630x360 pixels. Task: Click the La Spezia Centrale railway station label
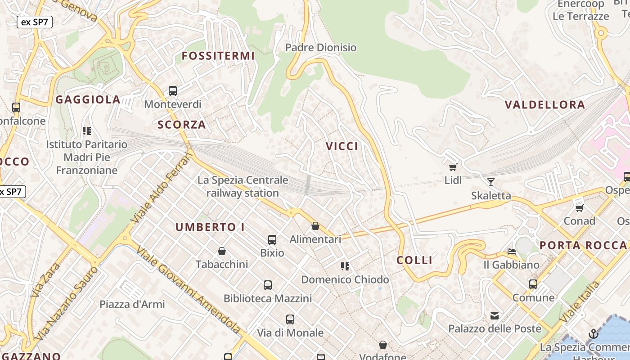pyautogui.click(x=243, y=187)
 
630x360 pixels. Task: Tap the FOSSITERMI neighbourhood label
pyautogui.click(x=218, y=56)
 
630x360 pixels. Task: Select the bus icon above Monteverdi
pyautogui.click(x=173, y=91)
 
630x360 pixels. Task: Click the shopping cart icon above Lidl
pyautogui.click(x=453, y=167)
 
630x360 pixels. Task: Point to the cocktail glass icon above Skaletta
pyautogui.click(x=491, y=182)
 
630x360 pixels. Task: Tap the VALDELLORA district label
pyautogui.click(x=545, y=105)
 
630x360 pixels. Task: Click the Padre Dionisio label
pyautogui.click(x=321, y=47)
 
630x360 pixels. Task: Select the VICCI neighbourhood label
pyautogui.click(x=342, y=146)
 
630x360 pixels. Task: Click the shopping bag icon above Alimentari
pyautogui.click(x=315, y=226)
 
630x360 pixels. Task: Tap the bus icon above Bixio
pyautogui.click(x=272, y=239)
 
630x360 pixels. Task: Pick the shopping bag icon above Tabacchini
pyautogui.click(x=222, y=251)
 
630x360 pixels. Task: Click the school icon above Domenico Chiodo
pyautogui.click(x=345, y=266)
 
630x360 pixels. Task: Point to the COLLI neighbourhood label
pyautogui.click(x=414, y=260)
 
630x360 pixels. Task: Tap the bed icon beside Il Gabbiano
pyautogui.click(x=512, y=251)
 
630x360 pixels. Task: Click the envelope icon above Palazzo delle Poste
pyautogui.click(x=495, y=315)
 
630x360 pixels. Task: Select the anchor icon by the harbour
pyautogui.click(x=593, y=334)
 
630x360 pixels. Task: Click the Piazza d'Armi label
pyautogui.click(x=132, y=304)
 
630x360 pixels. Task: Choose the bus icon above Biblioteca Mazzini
pyautogui.click(x=268, y=285)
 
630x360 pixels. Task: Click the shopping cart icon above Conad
pyautogui.click(x=580, y=208)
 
